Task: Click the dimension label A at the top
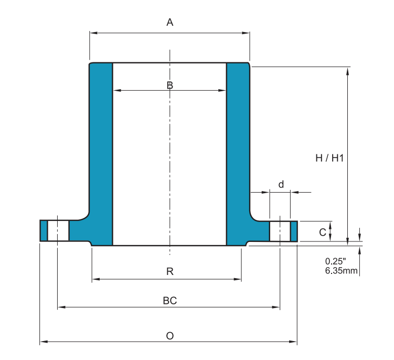pyautogui.click(x=169, y=22)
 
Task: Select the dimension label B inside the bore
pyautogui.click(x=169, y=85)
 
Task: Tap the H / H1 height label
pyautogui.click(x=329, y=158)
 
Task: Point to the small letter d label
pyautogui.click(x=281, y=184)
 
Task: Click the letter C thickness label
pyautogui.click(x=323, y=232)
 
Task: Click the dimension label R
pyautogui.click(x=169, y=271)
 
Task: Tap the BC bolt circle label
pyautogui.click(x=169, y=300)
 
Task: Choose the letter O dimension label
pyautogui.click(x=169, y=335)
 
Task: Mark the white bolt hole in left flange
pyautogui.click(x=58, y=231)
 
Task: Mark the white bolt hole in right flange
pyautogui.click(x=280, y=231)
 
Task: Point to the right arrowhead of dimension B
pyautogui.click(x=222, y=90)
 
